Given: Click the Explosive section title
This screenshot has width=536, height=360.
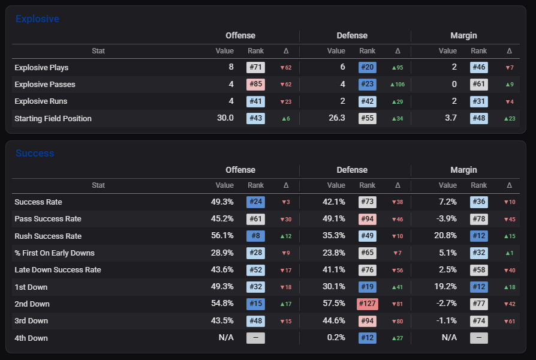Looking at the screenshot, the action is tap(37, 19).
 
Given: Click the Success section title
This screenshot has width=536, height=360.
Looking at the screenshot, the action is tap(35, 154).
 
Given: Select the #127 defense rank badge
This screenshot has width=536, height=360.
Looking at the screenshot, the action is tap(367, 304).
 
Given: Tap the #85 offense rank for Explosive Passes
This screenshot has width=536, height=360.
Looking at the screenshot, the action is tap(255, 84).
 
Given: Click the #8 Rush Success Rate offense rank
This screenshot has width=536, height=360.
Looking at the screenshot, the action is tap(255, 236).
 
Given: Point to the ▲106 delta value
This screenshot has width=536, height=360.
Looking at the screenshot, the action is tap(398, 85).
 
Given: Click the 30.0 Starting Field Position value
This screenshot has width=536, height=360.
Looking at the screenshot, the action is tap(225, 118).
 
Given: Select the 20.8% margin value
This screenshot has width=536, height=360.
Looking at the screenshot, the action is tap(445, 235).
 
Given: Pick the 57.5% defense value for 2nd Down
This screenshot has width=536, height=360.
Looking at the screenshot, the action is tap(334, 303).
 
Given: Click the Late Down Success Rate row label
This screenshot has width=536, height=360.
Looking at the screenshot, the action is tap(58, 269).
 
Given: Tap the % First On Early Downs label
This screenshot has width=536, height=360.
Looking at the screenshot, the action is tap(55, 253).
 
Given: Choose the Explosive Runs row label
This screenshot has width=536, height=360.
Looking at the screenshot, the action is tap(41, 101).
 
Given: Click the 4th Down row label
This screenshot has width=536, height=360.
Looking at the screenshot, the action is tap(31, 338).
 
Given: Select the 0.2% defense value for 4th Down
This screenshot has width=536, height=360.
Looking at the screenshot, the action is tap(336, 337).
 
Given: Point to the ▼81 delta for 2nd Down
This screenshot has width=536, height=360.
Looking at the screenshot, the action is tap(398, 304).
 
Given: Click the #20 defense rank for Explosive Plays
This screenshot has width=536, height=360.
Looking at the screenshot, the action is tap(367, 67).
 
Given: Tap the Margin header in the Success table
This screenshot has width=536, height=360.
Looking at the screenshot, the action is tap(463, 170).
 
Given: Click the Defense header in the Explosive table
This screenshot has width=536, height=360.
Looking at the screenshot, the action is tap(352, 35).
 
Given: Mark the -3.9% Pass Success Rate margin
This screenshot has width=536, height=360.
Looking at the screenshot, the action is tap(447, 218).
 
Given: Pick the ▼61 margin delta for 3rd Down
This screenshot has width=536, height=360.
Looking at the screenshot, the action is tap(510, 322).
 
